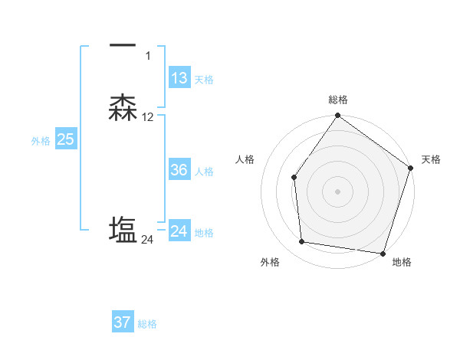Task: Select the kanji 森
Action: (x=123, y=108)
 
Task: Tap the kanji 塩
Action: (x=123, y=231)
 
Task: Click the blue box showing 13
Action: (x=179, y=78)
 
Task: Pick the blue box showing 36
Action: (x=179, y=170)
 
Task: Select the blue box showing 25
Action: (x=65, y=139)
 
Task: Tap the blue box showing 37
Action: (x=123, y=322)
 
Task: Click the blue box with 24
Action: (x=179, y=231)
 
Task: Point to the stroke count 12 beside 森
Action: (x=148, y=117)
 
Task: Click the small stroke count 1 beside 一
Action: (x=148, y=56)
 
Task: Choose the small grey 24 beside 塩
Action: (x=147, y=240)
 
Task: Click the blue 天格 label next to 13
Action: (x=204, y=80)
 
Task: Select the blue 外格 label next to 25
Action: (x=41, y=141)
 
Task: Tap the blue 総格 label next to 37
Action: (x=147, y=324)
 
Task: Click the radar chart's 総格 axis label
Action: (x=337, y=100)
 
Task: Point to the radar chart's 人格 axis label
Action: (x=245, y=159)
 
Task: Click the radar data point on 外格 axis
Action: (x=302, y=242)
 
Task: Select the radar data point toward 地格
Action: (x=383, y=253)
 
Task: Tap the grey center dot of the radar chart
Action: (x=337, y=191)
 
